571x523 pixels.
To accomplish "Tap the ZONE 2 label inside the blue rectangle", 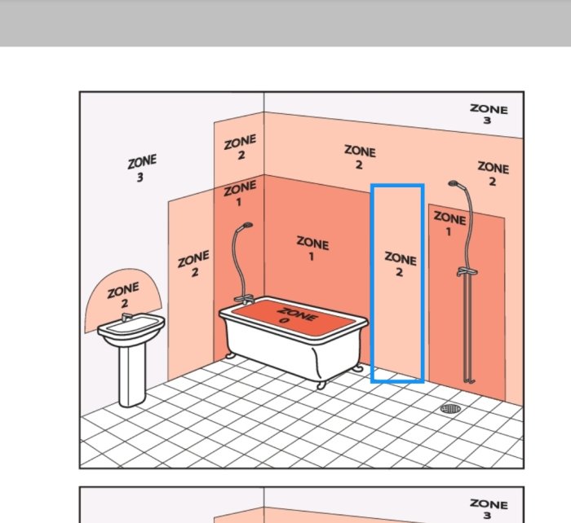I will pos(400,265).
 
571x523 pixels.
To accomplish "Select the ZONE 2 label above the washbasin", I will pos(123,295).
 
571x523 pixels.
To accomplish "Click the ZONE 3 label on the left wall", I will pos(141,169).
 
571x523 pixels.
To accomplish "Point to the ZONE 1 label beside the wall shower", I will pos(449,224).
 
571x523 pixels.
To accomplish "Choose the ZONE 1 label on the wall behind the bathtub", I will pos(312,249).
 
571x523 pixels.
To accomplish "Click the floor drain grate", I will pos(449,407).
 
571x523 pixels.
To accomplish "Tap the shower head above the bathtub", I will pos(247,226).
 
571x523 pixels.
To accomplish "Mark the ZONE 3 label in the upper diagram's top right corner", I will pos(489,113).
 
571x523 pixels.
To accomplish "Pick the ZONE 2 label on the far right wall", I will pos(493,174).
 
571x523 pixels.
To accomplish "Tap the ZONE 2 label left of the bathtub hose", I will pos(193,264).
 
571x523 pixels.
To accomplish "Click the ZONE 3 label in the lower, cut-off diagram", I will pos(489,509).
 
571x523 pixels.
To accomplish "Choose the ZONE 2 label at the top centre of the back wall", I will pos(359,157).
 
